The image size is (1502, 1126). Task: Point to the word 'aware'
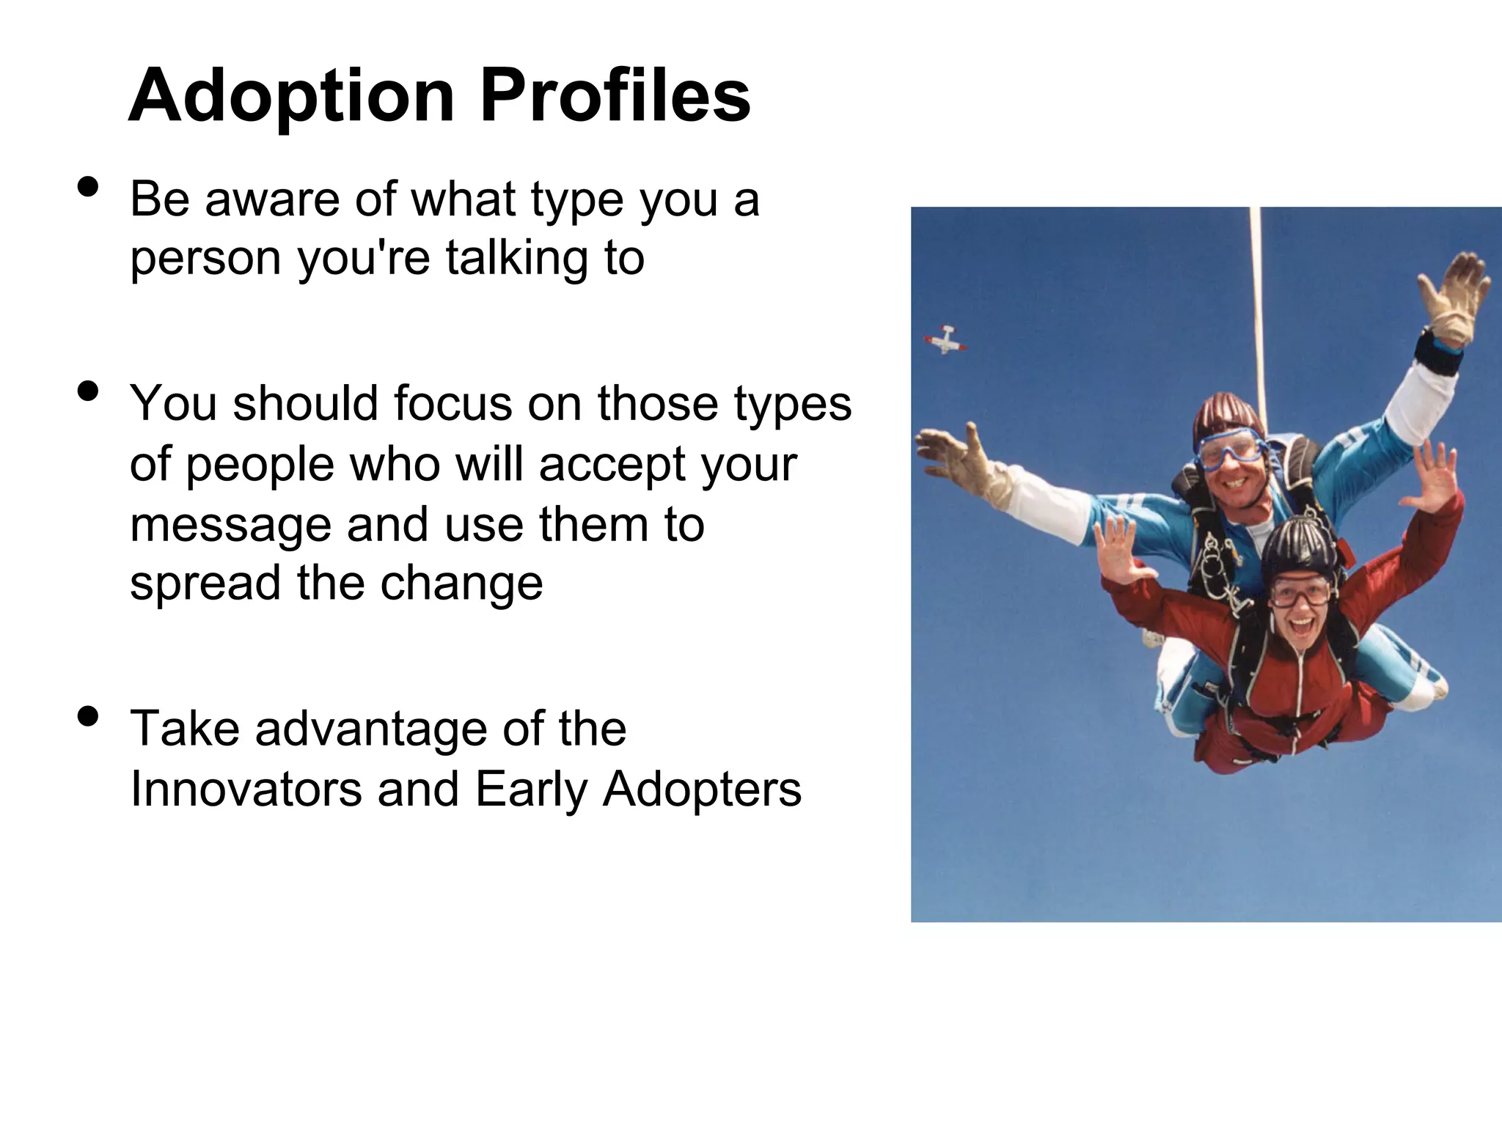(274, 200)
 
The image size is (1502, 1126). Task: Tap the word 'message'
(230, 526)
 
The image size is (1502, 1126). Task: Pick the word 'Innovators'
(246, 790)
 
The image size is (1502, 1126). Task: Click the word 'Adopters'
(702, 790)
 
